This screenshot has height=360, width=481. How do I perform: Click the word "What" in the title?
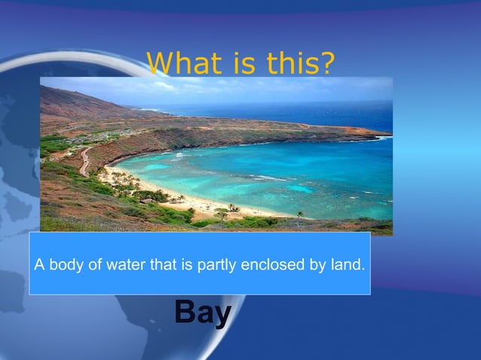click(179, 63)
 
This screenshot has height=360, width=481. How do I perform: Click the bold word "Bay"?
click(202, 313)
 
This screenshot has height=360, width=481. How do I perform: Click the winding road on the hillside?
click(84, 159)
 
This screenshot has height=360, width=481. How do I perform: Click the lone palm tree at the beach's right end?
click(300, 215)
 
